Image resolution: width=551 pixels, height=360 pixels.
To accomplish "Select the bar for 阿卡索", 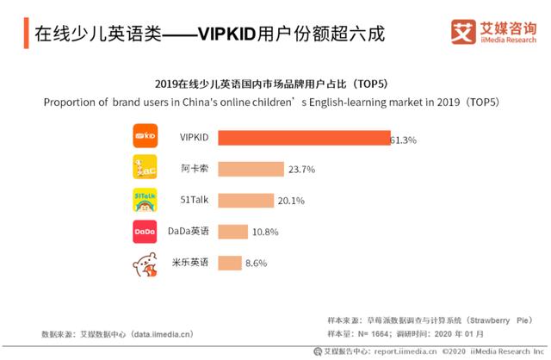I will [x=251, y=169].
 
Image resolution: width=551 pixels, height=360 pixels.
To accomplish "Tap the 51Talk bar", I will [x=246, y=201].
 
